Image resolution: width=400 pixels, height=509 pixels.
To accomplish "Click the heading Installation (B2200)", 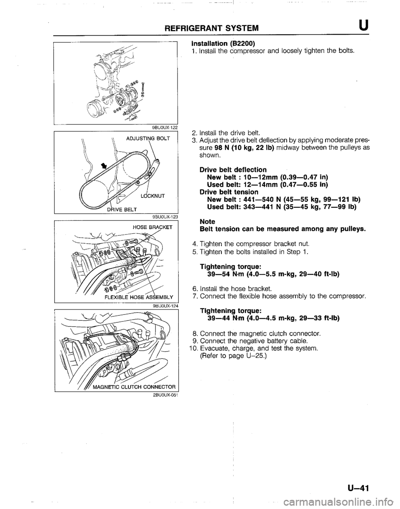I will (x=223, y=44).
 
